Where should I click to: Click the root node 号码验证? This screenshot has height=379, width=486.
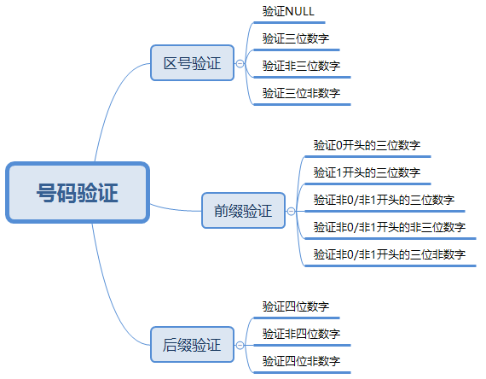78,192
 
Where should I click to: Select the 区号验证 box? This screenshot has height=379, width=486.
192,63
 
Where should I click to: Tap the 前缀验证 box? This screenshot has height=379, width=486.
243,211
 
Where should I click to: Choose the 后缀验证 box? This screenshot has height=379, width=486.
192,345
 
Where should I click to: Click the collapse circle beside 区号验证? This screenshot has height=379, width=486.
240,64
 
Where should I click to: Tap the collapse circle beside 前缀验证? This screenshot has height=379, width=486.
291,212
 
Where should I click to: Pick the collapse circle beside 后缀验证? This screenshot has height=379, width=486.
240,345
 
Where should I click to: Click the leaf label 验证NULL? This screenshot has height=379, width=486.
288,11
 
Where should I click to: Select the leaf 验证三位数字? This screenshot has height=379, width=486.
296,38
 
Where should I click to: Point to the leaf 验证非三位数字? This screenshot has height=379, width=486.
301,66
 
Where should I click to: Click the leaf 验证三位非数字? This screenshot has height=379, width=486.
301,93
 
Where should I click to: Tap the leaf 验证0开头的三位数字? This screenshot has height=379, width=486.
367,145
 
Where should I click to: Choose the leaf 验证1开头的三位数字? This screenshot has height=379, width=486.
367,172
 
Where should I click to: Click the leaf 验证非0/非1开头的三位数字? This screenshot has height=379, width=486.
384,200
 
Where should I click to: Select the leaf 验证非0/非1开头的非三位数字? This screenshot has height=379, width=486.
390,227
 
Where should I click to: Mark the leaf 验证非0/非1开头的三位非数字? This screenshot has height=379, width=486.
390,254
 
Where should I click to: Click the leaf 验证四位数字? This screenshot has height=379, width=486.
296,306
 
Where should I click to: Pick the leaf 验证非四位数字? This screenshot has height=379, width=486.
301,334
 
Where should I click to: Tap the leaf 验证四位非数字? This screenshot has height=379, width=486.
301,361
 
